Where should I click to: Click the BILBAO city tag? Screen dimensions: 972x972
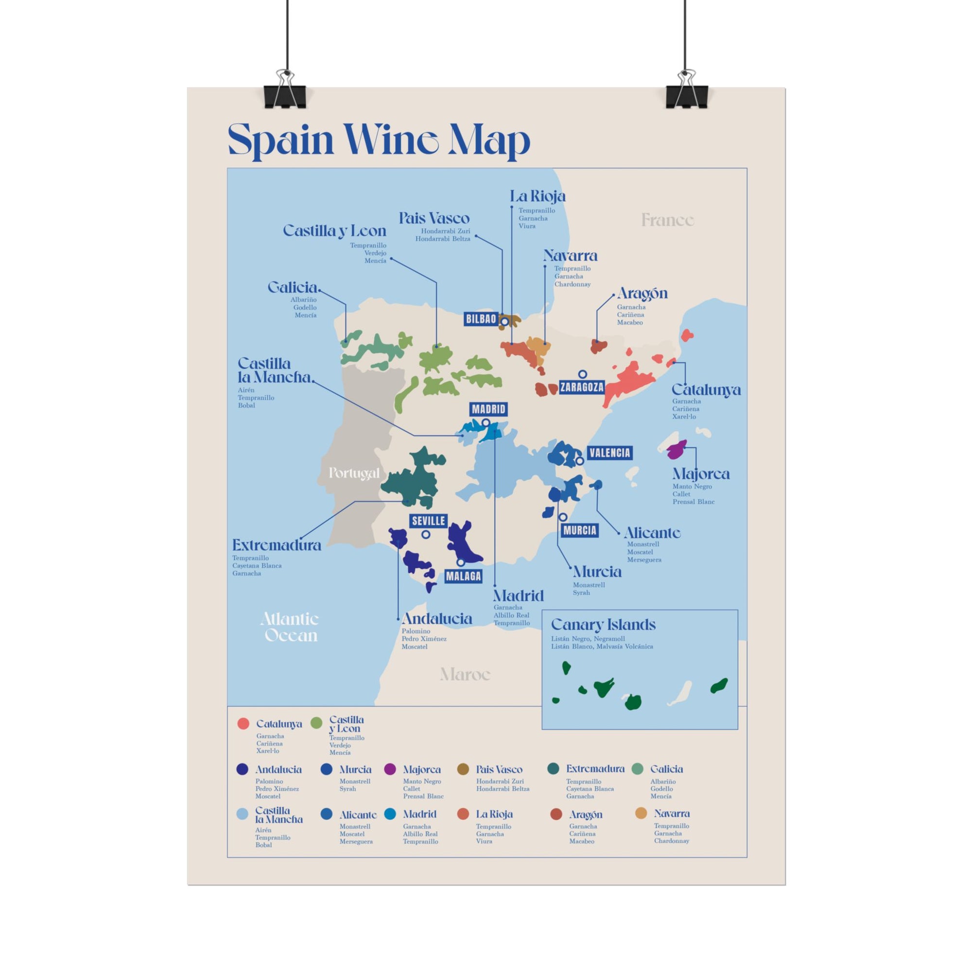[x=481, y=319]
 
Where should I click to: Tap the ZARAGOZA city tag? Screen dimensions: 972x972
[x=582, y=387]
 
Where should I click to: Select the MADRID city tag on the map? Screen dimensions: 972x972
[x=488, y=409]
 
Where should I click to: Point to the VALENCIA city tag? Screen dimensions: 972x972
[x=609, y=453]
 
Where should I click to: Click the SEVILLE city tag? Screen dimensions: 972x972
[x=428, y=521]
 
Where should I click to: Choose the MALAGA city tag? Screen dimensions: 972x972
[x=463, y=576]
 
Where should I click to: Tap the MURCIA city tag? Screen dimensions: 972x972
[x=580, y=530]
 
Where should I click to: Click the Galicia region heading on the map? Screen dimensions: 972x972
[x=293, y=287]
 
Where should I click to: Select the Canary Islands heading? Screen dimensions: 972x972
[x=603, y=625]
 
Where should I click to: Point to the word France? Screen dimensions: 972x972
[x=668, y=220]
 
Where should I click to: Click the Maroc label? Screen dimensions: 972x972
[x=465, y=674]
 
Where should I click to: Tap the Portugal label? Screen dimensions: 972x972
[x=354, y=473]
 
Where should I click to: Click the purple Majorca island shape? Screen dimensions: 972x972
[x=677, y=449]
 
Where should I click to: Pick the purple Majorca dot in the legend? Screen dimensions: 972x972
[x=390, y=769]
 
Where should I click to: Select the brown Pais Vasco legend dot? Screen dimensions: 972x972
[x=463, y=769]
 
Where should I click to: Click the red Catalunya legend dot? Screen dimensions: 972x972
[x=243, y=724]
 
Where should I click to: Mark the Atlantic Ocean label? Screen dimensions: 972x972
[x=290, y=627]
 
